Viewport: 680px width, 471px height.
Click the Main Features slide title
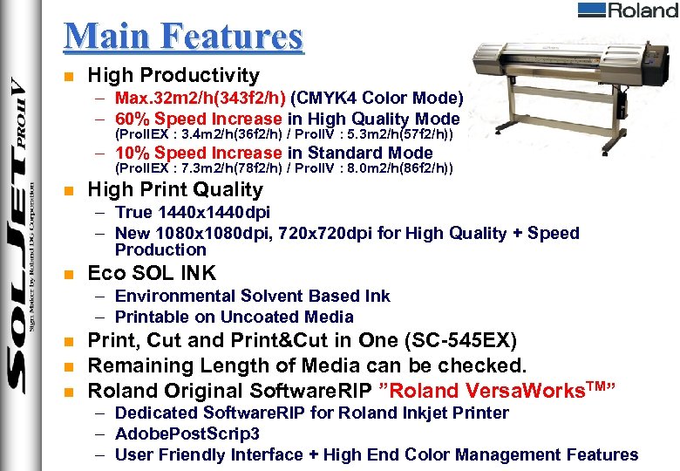pos(183,38)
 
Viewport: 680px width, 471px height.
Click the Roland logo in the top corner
pos(627,10)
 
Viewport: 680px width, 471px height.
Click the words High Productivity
pos(173,77)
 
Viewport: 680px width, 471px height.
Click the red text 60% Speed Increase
pos(198,119)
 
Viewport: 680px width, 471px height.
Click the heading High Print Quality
pos(175,189)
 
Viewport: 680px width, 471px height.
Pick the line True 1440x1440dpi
pos(192,212)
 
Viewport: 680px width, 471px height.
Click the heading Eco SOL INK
pos(152,273)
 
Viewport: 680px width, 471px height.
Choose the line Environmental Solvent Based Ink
pos(252,296)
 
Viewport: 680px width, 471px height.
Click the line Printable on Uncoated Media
pos(234,317)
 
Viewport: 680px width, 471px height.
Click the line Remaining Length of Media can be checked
pos(308,365)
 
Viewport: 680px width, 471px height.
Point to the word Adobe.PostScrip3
pos(187,433)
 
